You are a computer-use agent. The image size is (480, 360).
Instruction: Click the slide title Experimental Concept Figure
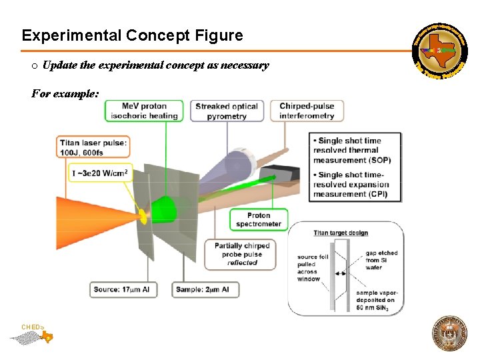pyautogui.click(x=132, y=35)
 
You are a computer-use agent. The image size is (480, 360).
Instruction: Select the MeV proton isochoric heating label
pyautogui.click(x=145, y=111)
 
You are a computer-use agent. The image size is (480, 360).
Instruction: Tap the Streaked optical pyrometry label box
pyautogui.click(x=227, y=111)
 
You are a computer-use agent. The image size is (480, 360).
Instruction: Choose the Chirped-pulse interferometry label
pyautogui.click(x=307, y=111)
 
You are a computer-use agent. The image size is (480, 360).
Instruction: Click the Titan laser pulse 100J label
pyautogui.click(x=93, y=148)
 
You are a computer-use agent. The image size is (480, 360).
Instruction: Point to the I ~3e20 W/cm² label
pyautogui.click(x=99, y=173)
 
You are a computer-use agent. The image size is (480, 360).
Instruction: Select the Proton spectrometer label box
pyautogui.click(x=259, y=219)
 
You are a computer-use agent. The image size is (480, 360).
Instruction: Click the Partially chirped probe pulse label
pyautogui.click(x=243, y=254)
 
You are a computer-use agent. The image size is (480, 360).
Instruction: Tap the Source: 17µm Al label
pyautogui.click(x=124, y=289)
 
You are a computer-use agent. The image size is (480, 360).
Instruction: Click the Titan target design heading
pyautogui.click(x=341, y=233)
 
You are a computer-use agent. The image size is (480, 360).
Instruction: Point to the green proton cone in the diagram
pyautogui.click(x=164, y=209)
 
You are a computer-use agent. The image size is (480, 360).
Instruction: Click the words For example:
pyautogui.click(x=65, y=94)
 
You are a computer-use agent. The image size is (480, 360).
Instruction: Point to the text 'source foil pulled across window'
pyautogui.click(x=313, y=268)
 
